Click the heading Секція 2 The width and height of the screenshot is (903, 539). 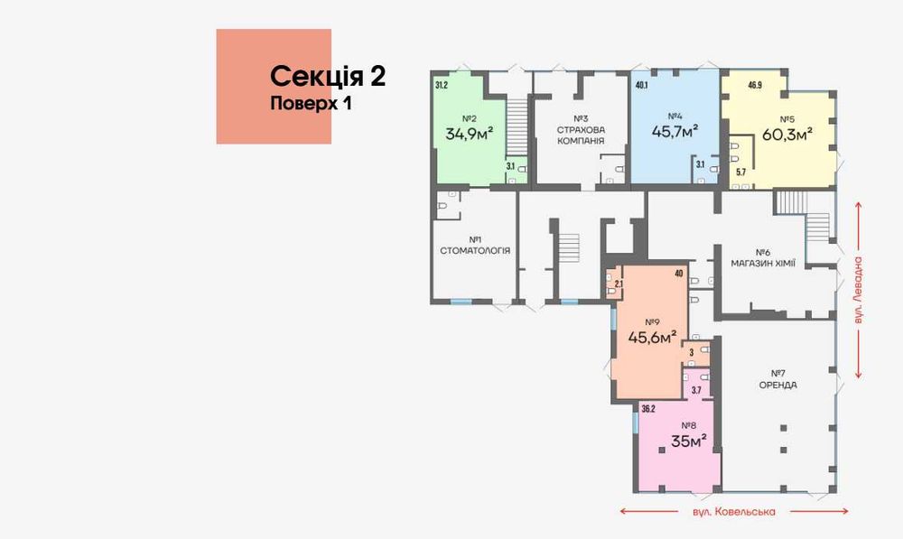click(x=328, y=76)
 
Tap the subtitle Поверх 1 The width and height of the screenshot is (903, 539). click(x=311, y=103)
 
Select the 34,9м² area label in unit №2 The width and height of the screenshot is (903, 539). click(x=469, y=135)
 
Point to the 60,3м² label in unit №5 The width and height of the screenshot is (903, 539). click(x=787, y=134)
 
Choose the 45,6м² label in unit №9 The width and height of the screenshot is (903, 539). click(x=652, y=338)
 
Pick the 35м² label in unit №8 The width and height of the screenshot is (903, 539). click(x=688, y=441)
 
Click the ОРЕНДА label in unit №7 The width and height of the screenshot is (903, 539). click(x=777, y=385)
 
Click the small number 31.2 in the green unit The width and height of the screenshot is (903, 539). click(x=442, y=86)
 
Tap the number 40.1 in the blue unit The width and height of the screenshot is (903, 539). click(x=642, y=86)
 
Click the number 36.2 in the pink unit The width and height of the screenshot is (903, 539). click(x=647, y=408)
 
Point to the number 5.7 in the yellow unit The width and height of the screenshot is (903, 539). click(x=740, y=172)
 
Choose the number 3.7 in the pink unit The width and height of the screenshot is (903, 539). click(x=696, y=390)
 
